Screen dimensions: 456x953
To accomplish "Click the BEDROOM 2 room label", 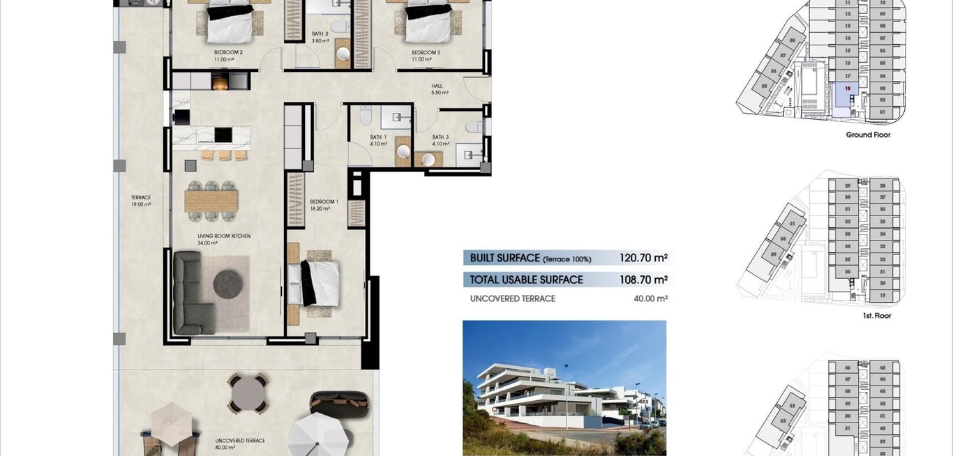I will [x=228, y=53].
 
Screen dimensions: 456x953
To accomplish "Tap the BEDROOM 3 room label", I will [x=426, y=53].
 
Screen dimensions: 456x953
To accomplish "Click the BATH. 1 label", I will [x=378, y=137].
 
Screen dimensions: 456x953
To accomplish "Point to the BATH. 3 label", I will [x=440, y=137].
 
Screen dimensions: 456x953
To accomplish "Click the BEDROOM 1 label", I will [x=324, y=202].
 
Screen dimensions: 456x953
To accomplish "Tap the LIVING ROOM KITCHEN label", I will [x=223, y=236].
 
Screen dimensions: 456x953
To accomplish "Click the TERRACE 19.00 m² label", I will [x=140, y=198].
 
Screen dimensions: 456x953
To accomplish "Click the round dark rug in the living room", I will [x=227, y=282].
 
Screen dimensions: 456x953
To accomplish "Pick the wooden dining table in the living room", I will [x=211, y=201].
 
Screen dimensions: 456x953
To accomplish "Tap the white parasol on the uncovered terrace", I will [x=318, y=436].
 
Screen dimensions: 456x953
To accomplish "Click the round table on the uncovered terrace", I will [x=249, y=395].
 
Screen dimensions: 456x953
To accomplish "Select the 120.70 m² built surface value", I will [x=643, y=258].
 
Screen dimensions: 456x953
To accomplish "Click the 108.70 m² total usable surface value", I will [x=643, y=280].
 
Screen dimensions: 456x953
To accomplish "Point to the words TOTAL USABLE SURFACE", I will [x=526, y=280].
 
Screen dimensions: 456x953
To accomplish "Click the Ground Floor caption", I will [x=868, y=135].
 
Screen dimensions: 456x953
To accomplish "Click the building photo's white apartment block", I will [x=523, y=390].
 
